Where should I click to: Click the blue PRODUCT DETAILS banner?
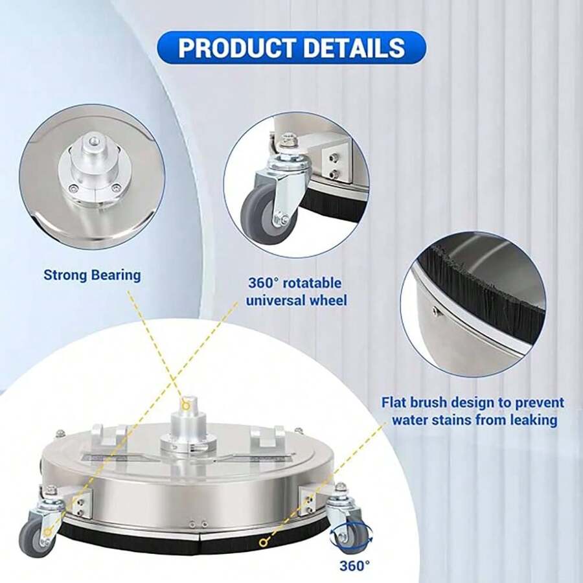(291, 47)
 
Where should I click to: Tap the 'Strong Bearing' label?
(92, 275)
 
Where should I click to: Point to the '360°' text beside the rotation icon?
(355, 566)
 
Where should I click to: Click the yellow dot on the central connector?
(186, 405)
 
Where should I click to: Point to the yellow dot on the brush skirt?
(263, 543)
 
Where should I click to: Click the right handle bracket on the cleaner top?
(266, 438)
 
